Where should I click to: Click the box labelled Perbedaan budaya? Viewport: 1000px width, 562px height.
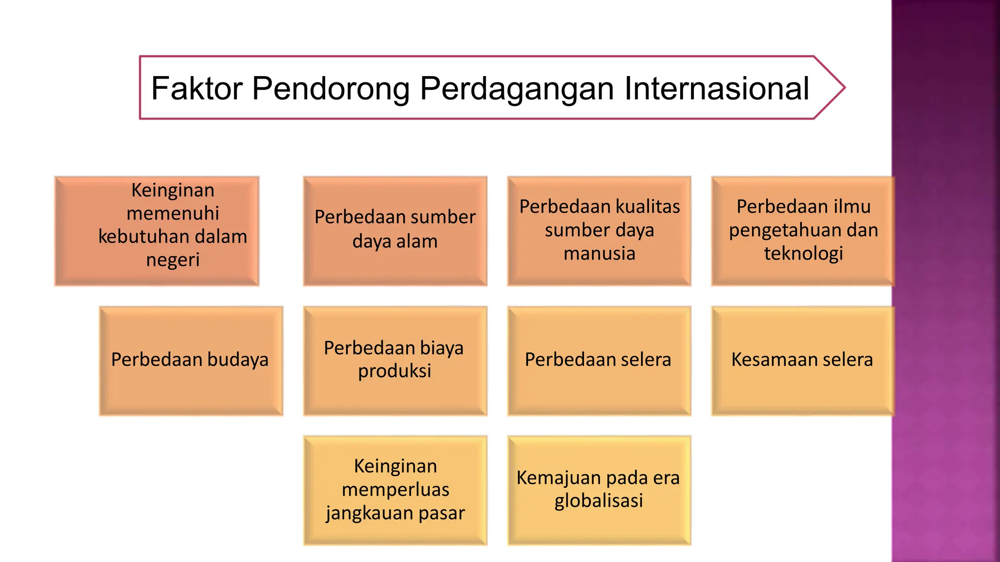(x=190, y=361)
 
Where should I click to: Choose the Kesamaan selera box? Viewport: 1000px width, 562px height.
(x=802, y=361)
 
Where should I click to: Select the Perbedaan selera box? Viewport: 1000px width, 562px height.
(x=599, y=361)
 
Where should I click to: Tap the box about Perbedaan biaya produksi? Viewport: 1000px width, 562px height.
(x=395, y=361)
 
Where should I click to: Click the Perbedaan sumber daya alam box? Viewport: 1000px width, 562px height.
(x=395, y=230)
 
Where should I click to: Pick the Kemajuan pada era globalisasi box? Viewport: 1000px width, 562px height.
(x=599, y=489)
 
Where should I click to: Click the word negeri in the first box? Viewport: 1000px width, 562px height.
(x=173, y=260)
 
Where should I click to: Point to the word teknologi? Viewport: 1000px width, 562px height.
(x=804, y=254)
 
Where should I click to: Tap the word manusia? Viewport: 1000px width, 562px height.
(x=599, y=254)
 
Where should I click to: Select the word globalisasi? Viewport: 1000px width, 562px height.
(x=599, y=501)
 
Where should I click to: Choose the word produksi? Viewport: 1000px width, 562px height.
(x=395, y=371)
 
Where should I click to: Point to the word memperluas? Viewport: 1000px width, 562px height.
(x=395, y=489)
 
